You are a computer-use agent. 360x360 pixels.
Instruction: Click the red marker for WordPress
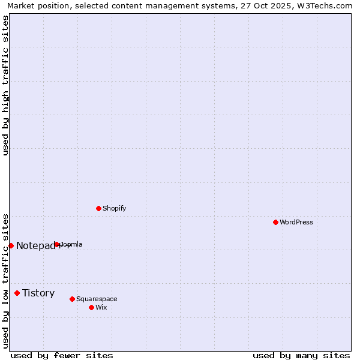(x=275, y=222)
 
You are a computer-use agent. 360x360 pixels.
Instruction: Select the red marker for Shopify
(x=98, y=208)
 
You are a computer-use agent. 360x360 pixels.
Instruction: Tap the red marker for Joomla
(x=57, y=244)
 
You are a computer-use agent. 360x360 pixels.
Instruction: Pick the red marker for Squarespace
(x=72, y=299)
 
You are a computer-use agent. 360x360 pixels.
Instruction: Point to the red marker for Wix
(x=91, y=307)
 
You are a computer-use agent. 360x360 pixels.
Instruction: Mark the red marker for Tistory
(x=17, y=293)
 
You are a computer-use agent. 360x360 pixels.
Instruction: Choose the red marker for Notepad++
(x=11, y=245)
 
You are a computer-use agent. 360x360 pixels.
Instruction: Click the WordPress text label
(x=296, y=222)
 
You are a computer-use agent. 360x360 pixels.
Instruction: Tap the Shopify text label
(x=114, y=208)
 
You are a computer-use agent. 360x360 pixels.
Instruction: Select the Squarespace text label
(x=97, y=299)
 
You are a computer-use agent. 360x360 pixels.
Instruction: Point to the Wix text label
(x=101, y=307)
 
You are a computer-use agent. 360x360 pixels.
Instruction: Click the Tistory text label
(x=38, y=293)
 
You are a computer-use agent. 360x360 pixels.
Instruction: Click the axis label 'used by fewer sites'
(x=62, y=355)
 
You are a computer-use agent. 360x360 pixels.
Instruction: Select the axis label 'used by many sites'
(x=301, y=355)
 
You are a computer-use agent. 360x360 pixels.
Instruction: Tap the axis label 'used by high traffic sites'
(x=5, y=85)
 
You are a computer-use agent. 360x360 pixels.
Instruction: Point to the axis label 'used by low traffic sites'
(x=5, y=280)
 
